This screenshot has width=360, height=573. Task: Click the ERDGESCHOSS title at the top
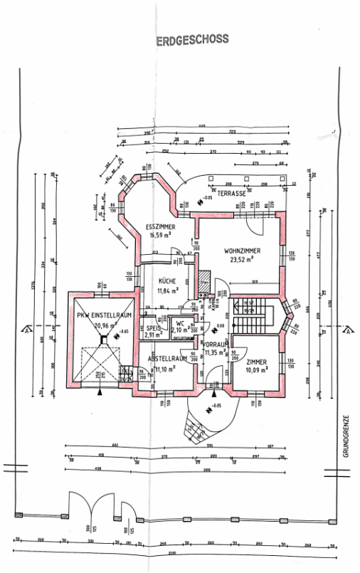click(193, 41)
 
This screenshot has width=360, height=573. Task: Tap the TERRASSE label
click(231, 194)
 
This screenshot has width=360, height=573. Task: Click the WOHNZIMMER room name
click(242, 251)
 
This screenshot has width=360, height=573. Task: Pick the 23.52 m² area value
click(242, 261)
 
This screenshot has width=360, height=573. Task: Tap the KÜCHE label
click(167, 282)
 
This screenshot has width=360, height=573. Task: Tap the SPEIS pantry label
click(152, 327)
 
